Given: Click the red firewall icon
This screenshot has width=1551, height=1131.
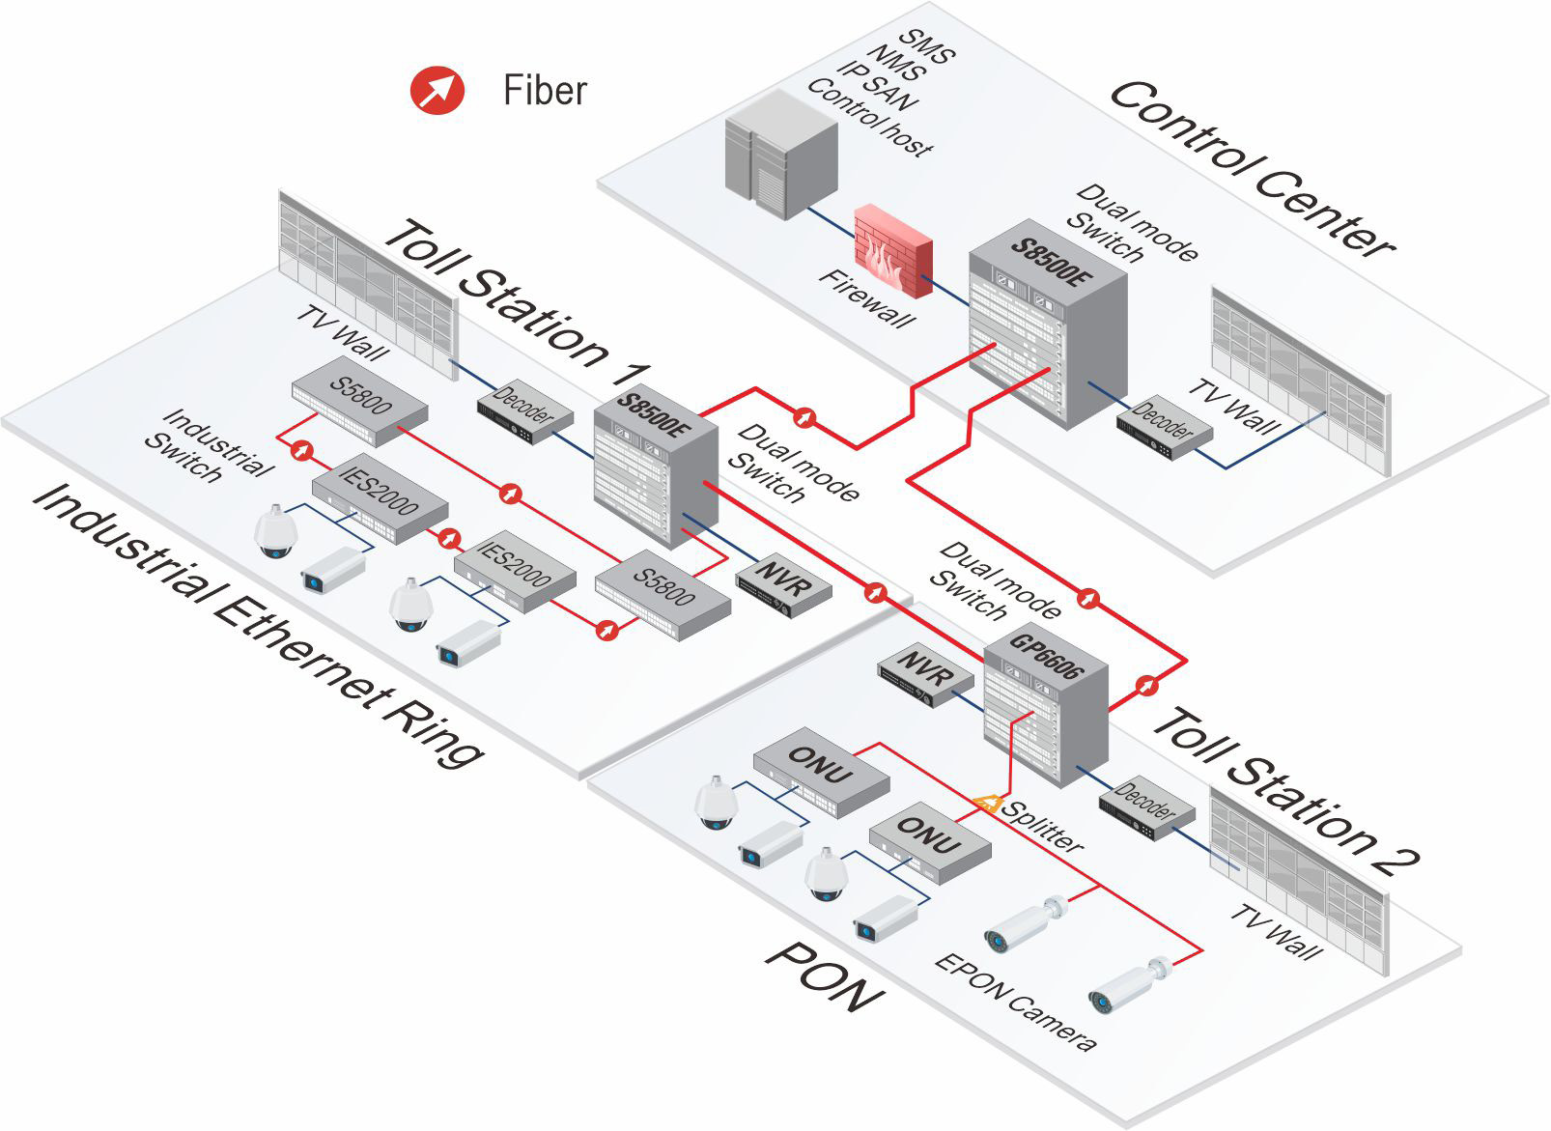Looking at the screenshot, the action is click(x=893, y=250).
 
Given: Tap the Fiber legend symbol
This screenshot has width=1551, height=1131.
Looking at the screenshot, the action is click(x=437, y=90).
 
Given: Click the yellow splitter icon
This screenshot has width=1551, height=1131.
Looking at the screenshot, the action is click(x=986, y=804).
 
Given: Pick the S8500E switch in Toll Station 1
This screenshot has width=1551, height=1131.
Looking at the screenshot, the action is click(x=656, y=466).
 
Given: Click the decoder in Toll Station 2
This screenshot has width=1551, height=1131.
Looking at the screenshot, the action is click(x=1146, y=807).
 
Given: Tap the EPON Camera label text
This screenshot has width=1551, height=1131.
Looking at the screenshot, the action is click(x=1015, y=1003).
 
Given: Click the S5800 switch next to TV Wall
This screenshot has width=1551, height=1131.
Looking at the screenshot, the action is click(x=359, y=401).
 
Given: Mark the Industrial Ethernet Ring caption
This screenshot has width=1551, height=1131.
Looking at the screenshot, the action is click(x=257, y=626).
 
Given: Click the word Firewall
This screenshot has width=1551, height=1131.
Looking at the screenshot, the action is click(x=866, y=297).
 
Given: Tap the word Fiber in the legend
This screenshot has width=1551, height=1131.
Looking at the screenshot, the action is click(x=545, y=90).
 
